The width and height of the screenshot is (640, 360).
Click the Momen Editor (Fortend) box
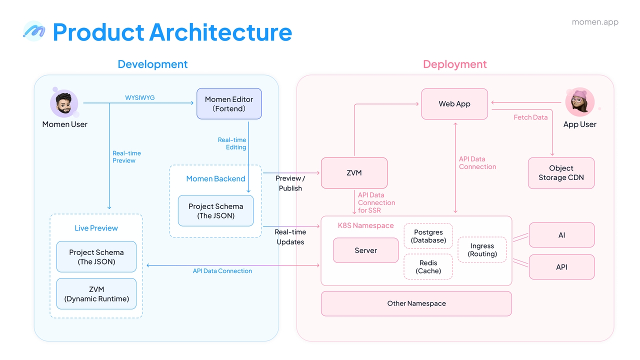[229, 103]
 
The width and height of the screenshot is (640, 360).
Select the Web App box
[454, 104]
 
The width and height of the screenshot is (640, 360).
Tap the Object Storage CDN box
[561, 173]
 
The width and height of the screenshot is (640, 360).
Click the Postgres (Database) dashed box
[428, 236]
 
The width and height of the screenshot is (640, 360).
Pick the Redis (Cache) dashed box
[428, 266]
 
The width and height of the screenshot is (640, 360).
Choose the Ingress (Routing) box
[482, 249]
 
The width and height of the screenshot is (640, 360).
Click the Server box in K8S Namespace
[365, 250]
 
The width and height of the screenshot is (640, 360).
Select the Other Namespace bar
[416, 303]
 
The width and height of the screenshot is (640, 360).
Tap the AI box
[561, 235]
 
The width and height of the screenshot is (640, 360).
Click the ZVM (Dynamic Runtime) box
[96, 293]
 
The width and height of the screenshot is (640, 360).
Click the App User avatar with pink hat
[579, 102]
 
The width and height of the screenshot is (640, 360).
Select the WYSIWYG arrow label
[139, 97]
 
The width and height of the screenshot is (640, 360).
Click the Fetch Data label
[530, 117]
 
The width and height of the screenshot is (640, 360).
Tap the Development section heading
[152, 64]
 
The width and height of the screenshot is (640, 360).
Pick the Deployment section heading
[455, 64]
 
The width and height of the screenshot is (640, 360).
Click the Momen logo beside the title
[34, 31]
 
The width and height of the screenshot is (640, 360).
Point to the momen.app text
[595, 22]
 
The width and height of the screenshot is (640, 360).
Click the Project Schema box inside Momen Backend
[215, 211]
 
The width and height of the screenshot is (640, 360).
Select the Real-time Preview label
[126, 157]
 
